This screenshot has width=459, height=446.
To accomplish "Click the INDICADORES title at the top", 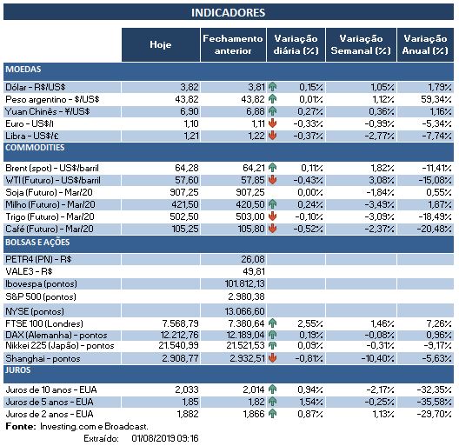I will coord(228,13).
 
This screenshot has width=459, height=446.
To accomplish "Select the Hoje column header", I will coord(160,44).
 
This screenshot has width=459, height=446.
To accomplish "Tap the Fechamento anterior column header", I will coord(231,44).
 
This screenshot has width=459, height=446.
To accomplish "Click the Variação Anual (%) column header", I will coord(425,44).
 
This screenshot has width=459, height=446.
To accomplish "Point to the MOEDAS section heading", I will coord(23,69).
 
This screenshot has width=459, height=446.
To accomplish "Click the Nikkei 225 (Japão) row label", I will coord(59,346).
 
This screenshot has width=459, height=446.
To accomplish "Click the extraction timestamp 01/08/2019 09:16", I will coord(165,438).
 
